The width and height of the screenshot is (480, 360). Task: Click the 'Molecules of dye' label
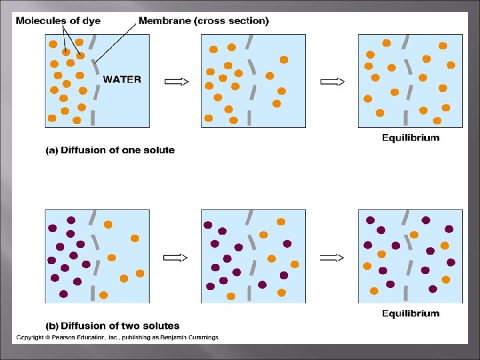coord(59,21)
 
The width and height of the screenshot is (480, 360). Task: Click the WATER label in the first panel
coord(121,79)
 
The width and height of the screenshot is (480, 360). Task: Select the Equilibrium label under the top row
coord(410,138)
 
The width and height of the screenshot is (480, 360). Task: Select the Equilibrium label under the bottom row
coord(410,313)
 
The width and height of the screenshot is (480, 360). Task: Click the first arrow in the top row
coord(176,81)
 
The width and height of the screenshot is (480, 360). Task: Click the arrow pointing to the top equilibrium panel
coord(332,81)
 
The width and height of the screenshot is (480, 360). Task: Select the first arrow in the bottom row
coord(176,257)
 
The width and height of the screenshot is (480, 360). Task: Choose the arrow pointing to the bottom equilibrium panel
coord(332,257)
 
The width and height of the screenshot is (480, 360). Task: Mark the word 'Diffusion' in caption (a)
coord(83,151)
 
